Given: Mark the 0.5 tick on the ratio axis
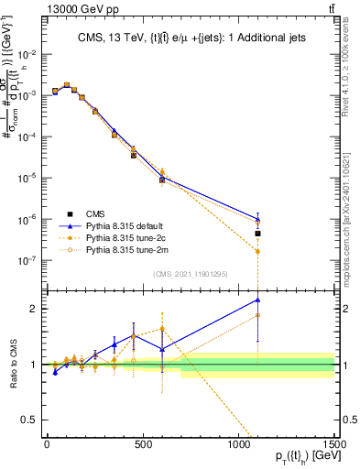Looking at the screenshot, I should click(x=34, y=420).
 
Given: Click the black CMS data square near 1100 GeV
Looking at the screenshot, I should click(x=258, y=234).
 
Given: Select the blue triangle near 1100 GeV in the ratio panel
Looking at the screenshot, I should click(x=258, y=300).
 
